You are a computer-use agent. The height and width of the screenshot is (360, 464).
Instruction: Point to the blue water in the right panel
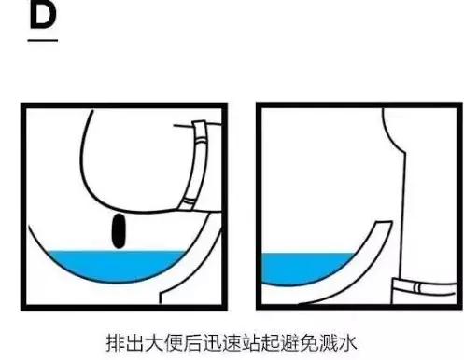tap(299, 264)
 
